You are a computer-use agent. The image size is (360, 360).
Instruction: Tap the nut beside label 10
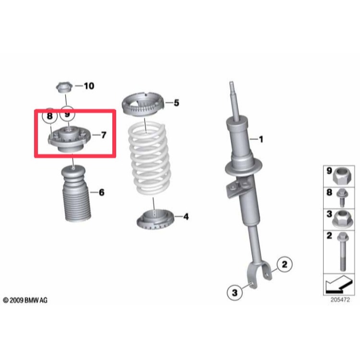pyautogui.click(x=64, y=88)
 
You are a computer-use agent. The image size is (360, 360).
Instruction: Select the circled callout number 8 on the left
pyautogui.click(x=49, y=116)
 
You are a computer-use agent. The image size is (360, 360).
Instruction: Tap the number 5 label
pyautogui.click(x=176, y=103)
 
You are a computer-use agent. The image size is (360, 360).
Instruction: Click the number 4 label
pyautogui.click(x=186, y=217)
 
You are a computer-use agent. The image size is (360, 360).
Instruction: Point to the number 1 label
pyautogui.click(x=261, y=140)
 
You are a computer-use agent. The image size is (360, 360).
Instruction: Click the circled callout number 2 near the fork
pyautogui.click(x=284, y=264)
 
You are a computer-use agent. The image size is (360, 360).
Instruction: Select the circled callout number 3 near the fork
pyautogui.click(x=234, y=292)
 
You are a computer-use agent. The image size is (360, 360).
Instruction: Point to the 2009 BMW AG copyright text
pyautogui.click(x=25, y=300)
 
